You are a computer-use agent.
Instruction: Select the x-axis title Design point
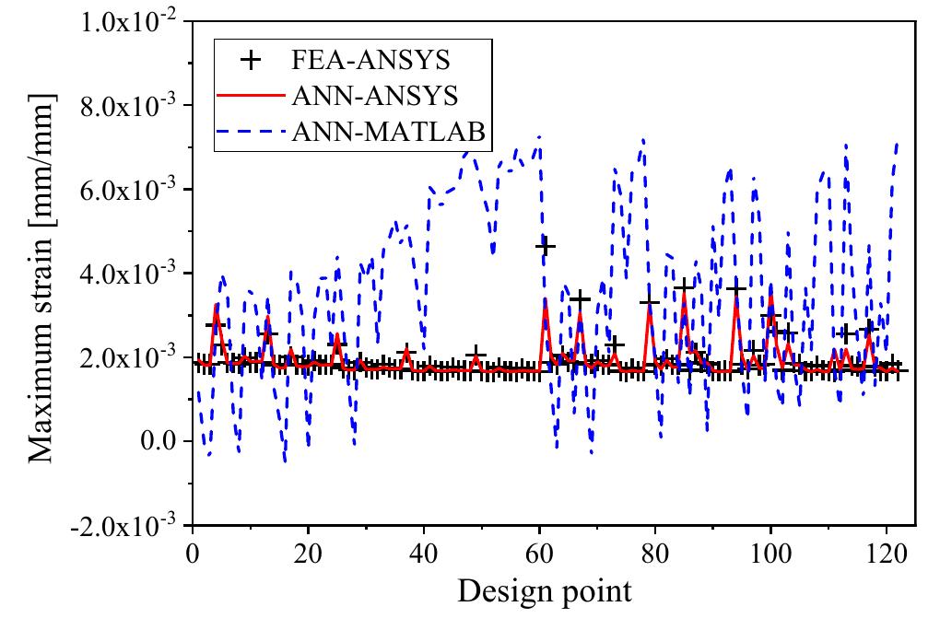[545, 590]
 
